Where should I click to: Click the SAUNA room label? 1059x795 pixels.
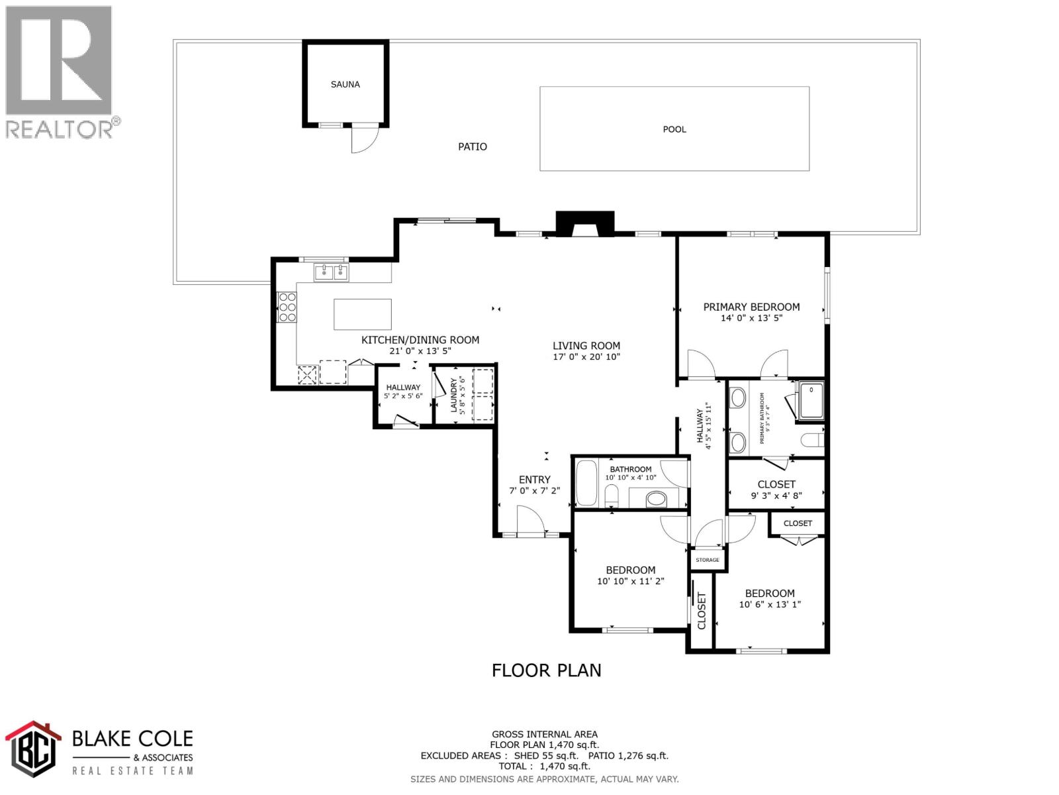coord(345,84)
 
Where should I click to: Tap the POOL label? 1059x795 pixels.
coord(674,129)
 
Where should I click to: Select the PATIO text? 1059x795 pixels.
coord(472,146)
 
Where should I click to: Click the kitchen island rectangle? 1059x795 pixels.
coord(362,314)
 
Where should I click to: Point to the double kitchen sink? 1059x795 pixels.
coord(331,272)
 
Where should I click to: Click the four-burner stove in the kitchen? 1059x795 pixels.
coord(287,307)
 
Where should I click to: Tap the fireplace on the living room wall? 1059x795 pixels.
coord(584,225)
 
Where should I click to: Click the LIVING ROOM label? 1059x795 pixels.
coord(586,345)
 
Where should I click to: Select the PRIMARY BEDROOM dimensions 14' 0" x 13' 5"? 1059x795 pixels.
coord(751,318)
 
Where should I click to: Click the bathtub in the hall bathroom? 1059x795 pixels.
coord(586,483)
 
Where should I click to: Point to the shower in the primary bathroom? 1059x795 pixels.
coord(811,401)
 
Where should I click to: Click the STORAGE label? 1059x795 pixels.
coord(707,560)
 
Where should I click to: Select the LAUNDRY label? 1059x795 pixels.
coord(454,395)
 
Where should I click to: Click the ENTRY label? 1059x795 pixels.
coord(534,479)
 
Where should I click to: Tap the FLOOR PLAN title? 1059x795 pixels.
coord(546,670)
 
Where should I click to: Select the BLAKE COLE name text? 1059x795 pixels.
coord(132,738)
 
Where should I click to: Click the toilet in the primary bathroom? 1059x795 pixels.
coord(812,439)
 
